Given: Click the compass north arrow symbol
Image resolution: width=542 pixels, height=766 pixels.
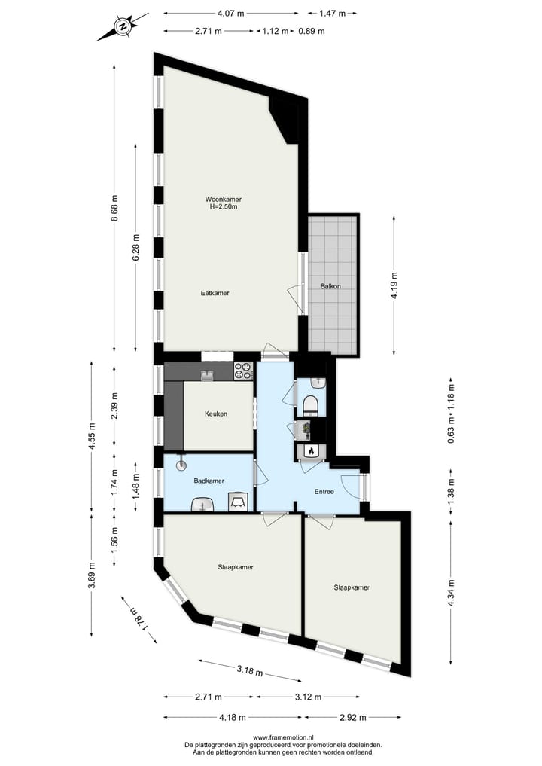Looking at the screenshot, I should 121,27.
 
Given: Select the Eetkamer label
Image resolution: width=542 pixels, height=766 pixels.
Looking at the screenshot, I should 215,293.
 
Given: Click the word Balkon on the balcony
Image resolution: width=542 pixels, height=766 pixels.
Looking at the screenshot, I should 330,286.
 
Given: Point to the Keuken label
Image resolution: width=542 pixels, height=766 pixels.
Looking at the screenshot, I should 215,414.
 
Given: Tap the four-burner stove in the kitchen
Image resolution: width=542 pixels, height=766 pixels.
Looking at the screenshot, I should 243,371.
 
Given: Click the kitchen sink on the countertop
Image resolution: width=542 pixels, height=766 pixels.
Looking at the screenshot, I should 206,374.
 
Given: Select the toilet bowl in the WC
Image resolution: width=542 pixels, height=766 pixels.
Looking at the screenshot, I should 311,407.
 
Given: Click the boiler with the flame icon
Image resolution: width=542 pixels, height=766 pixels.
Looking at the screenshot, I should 309,450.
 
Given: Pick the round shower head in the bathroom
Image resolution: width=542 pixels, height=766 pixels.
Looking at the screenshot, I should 181,466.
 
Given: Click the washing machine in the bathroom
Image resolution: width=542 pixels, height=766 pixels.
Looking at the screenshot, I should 239,501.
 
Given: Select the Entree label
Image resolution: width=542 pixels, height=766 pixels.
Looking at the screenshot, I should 320,492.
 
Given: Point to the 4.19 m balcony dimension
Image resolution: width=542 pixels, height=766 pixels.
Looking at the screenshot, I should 393,285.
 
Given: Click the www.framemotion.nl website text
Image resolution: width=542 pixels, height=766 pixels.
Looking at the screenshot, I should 284,737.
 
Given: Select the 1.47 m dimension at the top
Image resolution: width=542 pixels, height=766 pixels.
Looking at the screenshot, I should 332,13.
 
